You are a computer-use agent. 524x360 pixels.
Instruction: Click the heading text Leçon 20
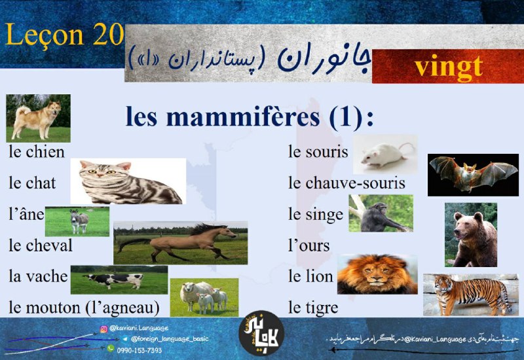click(64, 35)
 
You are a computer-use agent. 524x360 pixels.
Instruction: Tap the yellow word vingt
click(449, 67)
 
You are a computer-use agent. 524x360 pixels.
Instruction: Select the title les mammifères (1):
click(250, 117)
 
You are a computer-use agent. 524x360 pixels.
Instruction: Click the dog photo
click(38, 118)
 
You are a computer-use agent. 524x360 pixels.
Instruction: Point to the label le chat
click(32, 183)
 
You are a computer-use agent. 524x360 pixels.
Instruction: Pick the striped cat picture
click(128, 181)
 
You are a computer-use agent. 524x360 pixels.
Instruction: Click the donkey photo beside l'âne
click(77, 221)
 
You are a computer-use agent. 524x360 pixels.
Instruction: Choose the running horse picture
click(181, 243)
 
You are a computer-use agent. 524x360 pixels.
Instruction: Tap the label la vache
click(38, 276)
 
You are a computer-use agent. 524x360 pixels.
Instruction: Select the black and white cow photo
click(119, 280)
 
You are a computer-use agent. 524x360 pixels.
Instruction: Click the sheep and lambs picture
click(204, 297)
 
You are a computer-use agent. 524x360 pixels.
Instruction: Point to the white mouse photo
click(385, 154)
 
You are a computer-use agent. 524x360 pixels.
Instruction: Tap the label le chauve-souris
click(346, 183)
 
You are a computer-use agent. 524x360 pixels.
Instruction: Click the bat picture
click(473, 175)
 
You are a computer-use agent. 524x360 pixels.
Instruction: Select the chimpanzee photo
click(381, 213)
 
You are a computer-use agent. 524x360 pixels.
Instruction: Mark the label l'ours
click(309, 245)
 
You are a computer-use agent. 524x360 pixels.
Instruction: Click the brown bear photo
click(471, 235)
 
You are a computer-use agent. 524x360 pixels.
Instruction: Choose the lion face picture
click(377, 274)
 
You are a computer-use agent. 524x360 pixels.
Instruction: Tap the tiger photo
click(471, 295)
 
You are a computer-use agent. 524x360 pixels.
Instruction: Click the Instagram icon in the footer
click(104, 329)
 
